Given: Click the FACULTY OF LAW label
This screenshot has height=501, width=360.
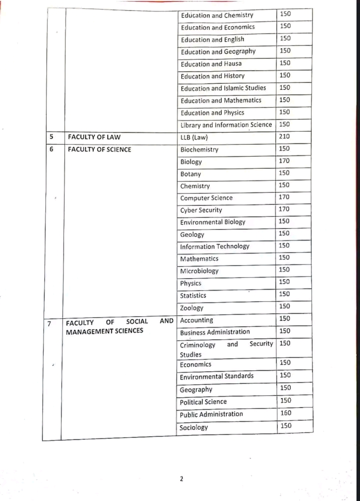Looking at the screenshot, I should coord(94,137).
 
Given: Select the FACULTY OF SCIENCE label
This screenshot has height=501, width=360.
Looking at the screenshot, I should coord(99,149).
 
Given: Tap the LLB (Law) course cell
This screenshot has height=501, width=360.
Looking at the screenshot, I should coord(194,137).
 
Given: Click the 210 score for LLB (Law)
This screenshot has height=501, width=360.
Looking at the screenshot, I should coord(284,136).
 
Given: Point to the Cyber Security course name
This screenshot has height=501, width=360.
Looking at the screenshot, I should coord(201,210).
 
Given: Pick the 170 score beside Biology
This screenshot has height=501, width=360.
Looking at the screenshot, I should coord(284,161).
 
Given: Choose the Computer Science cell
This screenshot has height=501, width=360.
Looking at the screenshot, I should coord(206,198).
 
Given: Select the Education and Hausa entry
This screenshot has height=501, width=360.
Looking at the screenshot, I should coord(211,64).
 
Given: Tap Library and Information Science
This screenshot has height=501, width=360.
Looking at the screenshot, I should coord(226,125).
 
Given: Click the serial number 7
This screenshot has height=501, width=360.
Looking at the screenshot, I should coord(49,324).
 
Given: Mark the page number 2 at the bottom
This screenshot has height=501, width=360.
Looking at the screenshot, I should coord(181,478).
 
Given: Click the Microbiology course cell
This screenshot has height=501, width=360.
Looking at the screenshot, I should coord(199,271).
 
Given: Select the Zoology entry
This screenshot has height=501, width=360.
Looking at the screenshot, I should coord(192,308).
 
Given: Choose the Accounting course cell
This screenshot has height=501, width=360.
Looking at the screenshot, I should coord(196,320).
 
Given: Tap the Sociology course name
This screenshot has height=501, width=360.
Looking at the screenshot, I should coord(194,427).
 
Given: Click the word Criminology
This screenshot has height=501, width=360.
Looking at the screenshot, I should coord(197,345).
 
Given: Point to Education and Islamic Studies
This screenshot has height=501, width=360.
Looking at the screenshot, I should coord(223,88).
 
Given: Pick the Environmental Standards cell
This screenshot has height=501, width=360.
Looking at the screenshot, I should coord(216,376).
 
